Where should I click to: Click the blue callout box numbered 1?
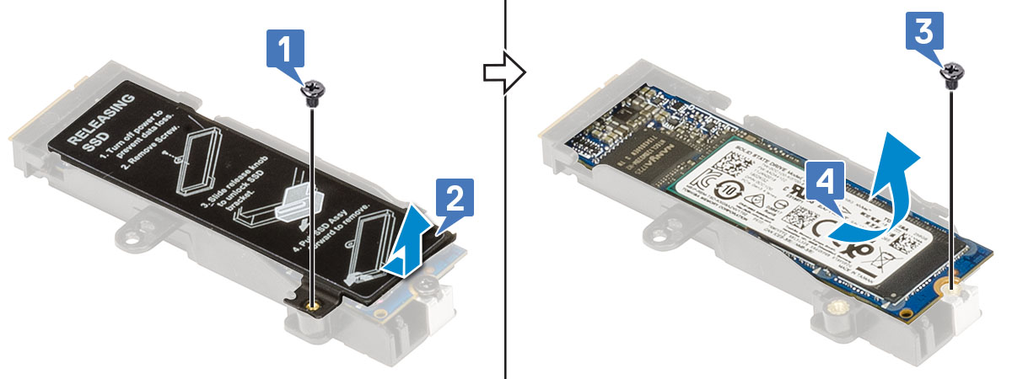click(x=286, y=51)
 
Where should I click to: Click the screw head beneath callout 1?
click(x=312, y=90)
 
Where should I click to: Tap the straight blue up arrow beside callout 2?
click(x=408, y=244)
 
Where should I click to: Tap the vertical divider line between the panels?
click(x=505, y=253)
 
